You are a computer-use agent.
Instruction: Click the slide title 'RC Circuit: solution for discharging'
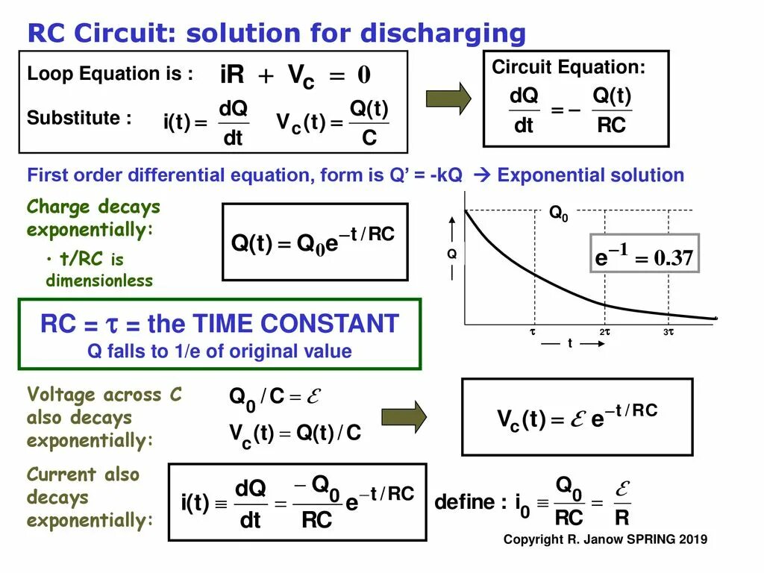[276, 34]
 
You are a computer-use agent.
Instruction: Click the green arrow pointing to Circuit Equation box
[448, 98]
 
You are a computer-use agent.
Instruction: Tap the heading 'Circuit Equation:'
[569, 67]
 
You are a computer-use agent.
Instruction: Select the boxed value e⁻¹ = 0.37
[644, 258]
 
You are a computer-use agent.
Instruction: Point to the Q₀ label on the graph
[559, 213]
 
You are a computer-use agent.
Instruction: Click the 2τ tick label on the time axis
[604, 331]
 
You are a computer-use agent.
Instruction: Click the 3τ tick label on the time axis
[668, 331]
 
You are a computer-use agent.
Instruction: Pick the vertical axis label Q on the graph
[451, 254]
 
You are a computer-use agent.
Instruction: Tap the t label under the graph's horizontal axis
[570, 343]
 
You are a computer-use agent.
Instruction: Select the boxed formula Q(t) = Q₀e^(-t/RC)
[314, 242]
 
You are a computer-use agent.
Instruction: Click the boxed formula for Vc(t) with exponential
[577, 416]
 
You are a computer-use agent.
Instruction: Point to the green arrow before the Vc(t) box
[404, 416]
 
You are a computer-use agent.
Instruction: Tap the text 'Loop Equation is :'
[110, 74]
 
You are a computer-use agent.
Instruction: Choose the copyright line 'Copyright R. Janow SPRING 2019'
[605, 539]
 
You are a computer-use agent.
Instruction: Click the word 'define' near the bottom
[464, 501]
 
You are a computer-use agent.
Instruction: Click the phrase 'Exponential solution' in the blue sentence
[590, 175]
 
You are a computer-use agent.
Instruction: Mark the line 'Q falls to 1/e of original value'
[219, 351]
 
